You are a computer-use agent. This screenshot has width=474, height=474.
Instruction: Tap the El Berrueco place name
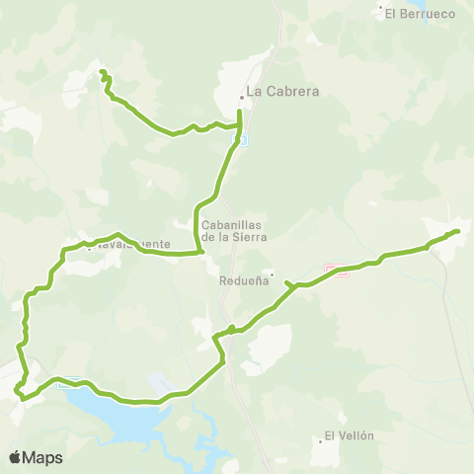tap(419, 13)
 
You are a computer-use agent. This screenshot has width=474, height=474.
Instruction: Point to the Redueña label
tap(243, 280)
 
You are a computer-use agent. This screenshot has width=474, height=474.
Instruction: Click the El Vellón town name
tap(350, 435)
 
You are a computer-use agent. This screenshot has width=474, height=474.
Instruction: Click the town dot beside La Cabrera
tap(241, 97)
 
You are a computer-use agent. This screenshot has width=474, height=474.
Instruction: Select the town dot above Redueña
tap(272, 274)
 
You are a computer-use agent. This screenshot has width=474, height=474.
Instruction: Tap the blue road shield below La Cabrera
tap(236, 142)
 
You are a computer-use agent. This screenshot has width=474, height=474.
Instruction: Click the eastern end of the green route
tap(458, 231)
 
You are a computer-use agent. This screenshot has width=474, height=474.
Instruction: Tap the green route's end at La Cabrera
tap(240, 112)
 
